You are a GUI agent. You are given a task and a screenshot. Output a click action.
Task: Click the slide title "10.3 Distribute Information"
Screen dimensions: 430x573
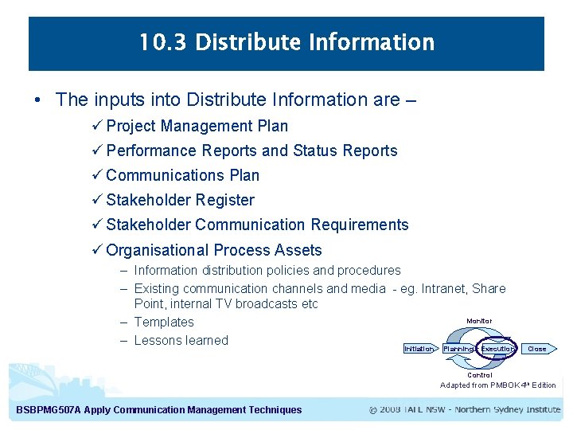286,42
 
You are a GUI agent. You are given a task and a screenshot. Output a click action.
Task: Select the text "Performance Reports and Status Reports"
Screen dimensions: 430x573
251,150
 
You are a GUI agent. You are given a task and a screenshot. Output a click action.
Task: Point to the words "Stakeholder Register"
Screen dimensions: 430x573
180,200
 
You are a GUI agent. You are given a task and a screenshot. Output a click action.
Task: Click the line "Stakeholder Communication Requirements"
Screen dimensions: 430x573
257,225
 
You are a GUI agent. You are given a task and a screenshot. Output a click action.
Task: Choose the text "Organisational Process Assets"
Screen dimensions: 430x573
213,250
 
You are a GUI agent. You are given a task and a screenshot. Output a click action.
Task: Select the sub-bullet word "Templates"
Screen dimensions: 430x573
164,322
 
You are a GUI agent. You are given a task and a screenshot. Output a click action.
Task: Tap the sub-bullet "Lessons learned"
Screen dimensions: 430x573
181,340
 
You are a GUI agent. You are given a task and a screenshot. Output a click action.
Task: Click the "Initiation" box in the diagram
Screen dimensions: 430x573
419,349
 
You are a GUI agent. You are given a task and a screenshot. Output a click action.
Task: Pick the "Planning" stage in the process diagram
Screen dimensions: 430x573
458,349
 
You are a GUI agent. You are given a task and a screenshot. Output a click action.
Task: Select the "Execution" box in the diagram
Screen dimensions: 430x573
497,349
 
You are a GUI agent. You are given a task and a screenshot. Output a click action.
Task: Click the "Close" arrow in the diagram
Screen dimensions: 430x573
538,349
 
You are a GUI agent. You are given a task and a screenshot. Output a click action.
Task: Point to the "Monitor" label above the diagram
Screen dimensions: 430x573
479,321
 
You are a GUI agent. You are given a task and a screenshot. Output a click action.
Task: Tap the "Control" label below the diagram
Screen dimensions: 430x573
479,375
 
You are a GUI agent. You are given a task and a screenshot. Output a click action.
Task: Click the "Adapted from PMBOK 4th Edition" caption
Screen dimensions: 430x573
497,385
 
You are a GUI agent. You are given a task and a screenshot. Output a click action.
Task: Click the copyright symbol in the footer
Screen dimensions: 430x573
374,410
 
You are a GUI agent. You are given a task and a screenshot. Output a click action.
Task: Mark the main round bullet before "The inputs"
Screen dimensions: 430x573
38,100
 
